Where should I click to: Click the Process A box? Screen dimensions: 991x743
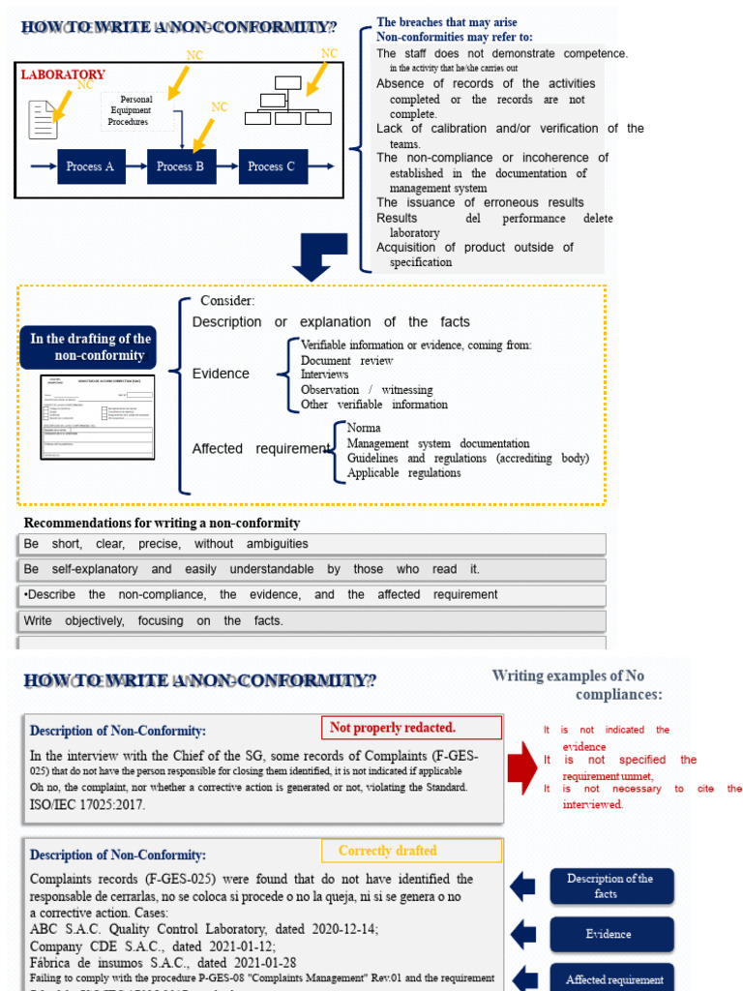(x=90, y=166)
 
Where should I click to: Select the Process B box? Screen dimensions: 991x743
(x=180, y=166)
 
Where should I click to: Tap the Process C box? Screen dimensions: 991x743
(x=271, y=166)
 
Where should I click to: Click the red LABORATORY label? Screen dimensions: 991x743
(x=63, y=75)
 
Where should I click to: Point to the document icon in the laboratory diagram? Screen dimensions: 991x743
(x=43, y=119)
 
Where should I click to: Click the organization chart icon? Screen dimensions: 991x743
(x=286, y=107)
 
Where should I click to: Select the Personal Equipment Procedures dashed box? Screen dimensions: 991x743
(x=137, y=111)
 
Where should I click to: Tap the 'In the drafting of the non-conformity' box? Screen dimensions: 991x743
(x=90, y=346)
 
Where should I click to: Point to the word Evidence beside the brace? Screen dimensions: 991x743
(x=221, y=374)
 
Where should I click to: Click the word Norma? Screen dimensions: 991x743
(x=364, y=428)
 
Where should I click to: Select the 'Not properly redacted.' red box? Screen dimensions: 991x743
(x=411, y=728)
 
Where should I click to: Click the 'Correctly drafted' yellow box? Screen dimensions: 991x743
(x=411, y=851)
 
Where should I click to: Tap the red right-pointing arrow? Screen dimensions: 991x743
(x=523, y=761)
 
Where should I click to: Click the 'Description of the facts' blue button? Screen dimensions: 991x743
(x=609, y=886)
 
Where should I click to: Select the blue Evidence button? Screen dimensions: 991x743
(x=609, y=934)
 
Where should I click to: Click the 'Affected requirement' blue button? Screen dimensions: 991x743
(x=614, y=978)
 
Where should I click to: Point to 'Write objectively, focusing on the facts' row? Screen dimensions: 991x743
(x=312, y=621)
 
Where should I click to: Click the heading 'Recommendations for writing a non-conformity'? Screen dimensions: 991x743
(x=162, y=523)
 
